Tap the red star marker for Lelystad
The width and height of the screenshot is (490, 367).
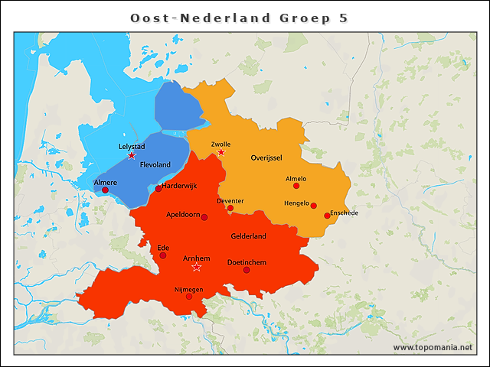[132, 155]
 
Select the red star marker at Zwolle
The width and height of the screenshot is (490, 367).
[221, 153]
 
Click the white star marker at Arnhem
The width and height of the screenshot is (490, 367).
[197, 267]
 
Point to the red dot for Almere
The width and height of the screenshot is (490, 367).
[105, 190]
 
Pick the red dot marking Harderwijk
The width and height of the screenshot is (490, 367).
[158, 189]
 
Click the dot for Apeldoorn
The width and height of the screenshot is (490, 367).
[204, 217]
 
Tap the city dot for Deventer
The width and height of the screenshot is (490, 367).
[230, 208]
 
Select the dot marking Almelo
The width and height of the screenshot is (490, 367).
[296, 186]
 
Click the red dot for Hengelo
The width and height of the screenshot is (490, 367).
[314, 205]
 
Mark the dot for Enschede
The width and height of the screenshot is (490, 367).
[327, 216]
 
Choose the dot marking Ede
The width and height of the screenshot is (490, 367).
[162, 255]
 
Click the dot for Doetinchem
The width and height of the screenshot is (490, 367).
[247, 270]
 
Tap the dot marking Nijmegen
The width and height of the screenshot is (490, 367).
[189, 296]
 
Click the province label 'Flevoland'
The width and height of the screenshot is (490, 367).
[155, 165]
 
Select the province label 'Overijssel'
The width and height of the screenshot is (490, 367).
[266, 158]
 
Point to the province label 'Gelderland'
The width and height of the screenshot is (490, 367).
[248, 236]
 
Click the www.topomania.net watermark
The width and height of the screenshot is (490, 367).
[433, 347]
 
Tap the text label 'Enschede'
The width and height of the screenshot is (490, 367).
[345, 213]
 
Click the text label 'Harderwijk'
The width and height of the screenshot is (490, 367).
[181, 185]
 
